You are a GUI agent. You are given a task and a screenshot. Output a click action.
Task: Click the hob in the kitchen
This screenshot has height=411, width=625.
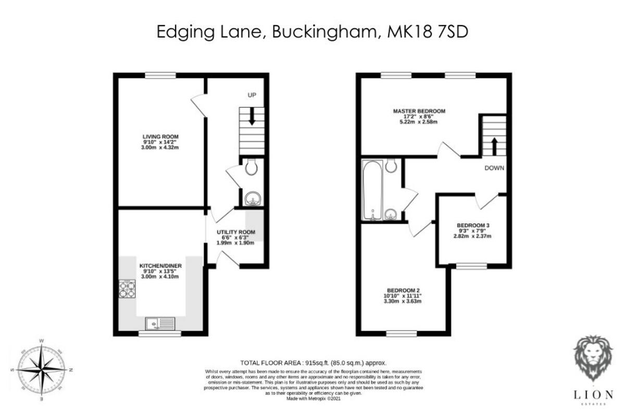pyautogui.click(x=127, y=288)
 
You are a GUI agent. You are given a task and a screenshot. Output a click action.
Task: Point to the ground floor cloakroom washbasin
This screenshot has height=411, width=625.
pyautogui.click(x=253, y=199)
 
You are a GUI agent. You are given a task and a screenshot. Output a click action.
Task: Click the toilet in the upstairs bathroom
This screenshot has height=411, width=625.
pyautogui.click(x=392, y=165)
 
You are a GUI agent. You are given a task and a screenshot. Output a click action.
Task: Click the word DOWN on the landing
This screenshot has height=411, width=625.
pyautogui.click(x=495, y=168)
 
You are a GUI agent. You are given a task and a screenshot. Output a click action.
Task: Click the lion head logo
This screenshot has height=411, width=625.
pyautogui.click(x=593, y=358)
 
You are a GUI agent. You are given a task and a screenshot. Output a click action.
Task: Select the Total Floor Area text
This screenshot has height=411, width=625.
pyautogui.click(x=312, y=362)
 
